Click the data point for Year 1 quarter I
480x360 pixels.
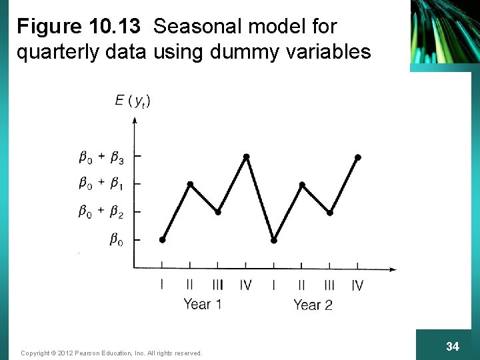163,239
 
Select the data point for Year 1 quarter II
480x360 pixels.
190,184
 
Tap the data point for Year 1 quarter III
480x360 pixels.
218,212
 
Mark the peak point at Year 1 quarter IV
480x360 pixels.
246,157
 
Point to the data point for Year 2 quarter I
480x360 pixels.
274,239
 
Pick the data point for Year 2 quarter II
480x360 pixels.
302,184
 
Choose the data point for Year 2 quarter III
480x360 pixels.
330,212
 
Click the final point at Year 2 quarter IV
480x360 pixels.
358,157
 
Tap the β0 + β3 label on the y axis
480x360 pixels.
101,158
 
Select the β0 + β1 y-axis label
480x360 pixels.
101,183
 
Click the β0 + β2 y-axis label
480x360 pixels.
101,212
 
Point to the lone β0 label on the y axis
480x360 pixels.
116,240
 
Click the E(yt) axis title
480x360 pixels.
132,101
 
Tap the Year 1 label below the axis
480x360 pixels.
202,305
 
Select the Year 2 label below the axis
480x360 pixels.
313,305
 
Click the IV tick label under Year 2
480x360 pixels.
357,285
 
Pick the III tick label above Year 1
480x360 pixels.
218,285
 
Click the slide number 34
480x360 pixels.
453,346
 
